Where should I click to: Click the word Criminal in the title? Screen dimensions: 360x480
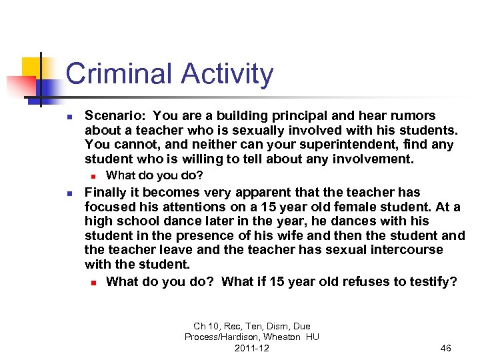[x=113, y=74]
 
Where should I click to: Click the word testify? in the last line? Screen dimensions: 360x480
[x=432, y=281]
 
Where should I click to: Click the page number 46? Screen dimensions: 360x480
[x=446, y=348]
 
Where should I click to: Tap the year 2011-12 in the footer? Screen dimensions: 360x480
[x=251, y=348]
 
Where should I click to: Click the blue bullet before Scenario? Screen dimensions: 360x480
[x=69, y=115]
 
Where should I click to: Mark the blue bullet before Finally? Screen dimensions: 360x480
[x=69, y=193]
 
